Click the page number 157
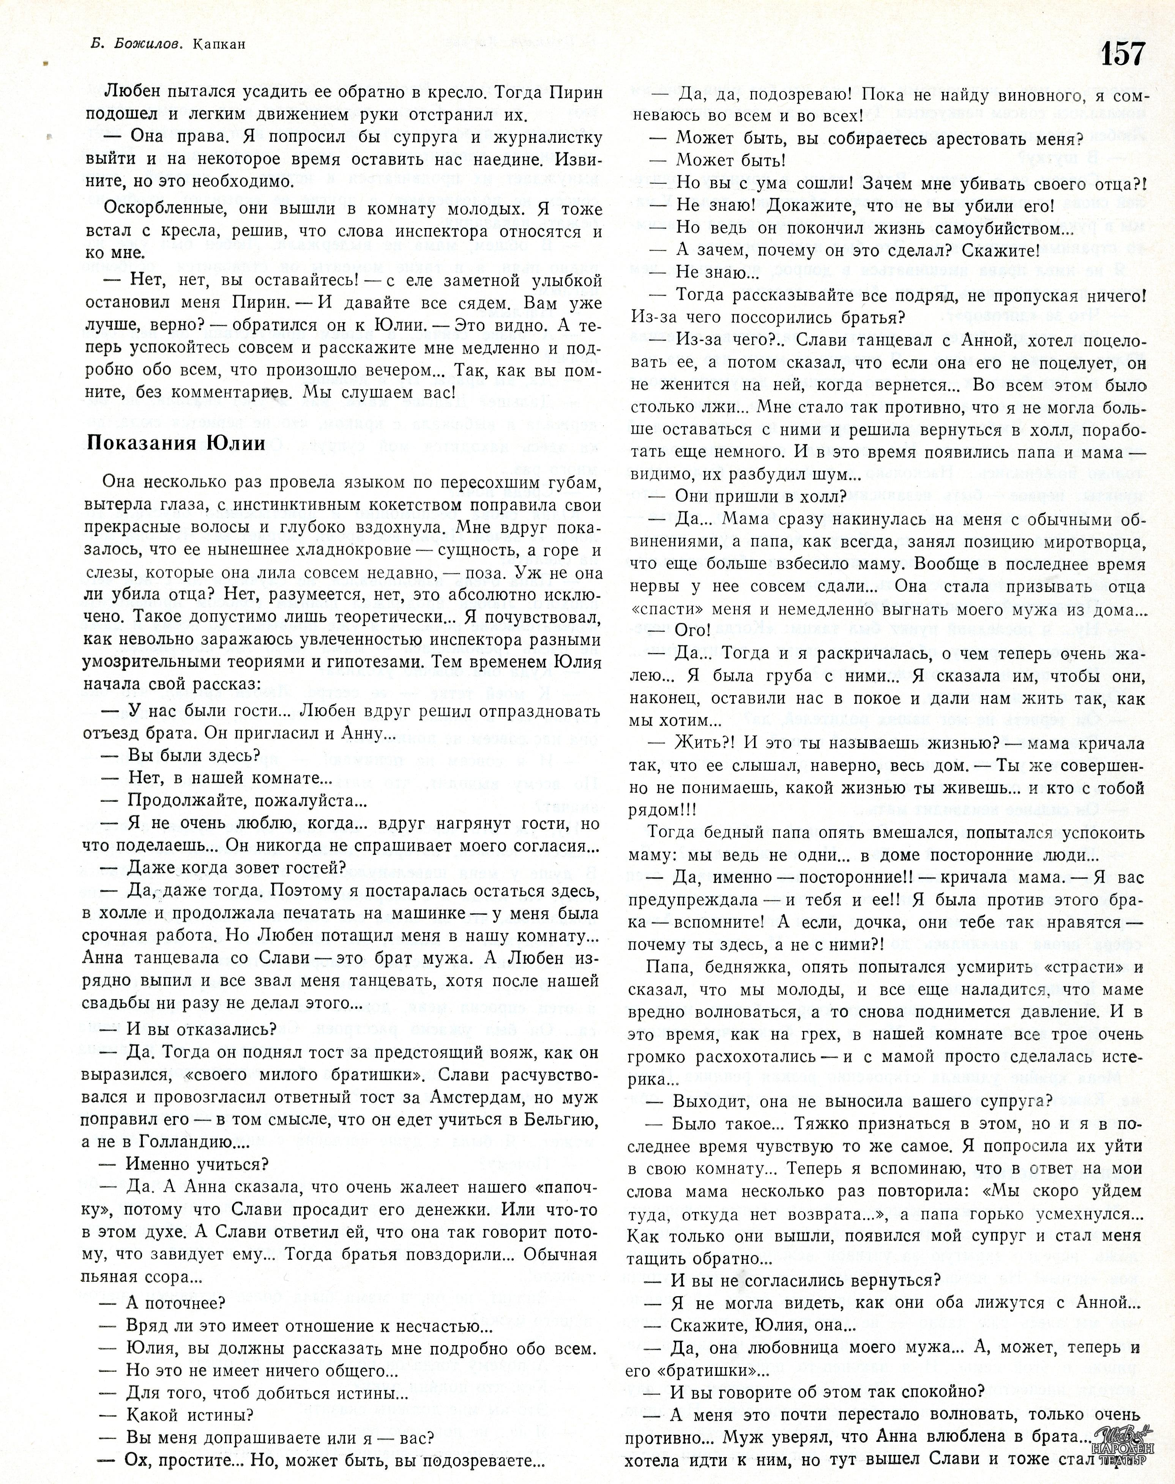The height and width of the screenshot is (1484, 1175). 1123,53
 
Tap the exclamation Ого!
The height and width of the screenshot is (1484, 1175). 692,630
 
